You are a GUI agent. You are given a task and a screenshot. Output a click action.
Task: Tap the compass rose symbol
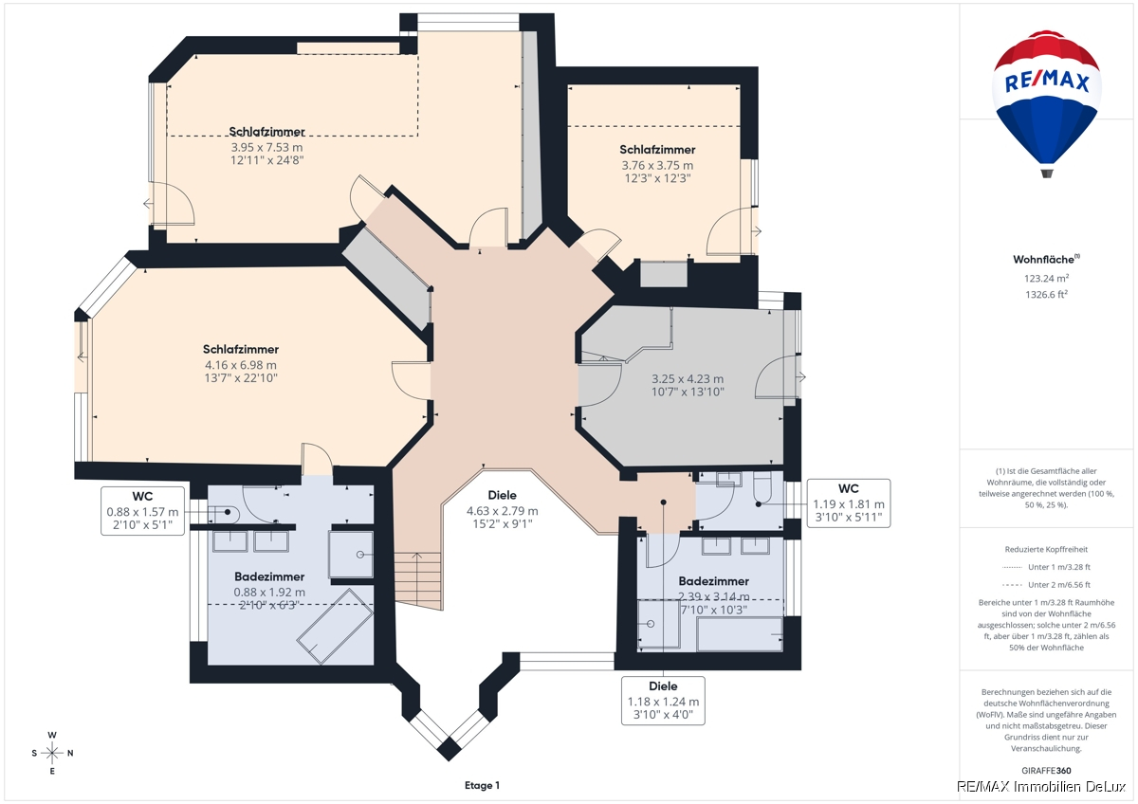coord(52,753)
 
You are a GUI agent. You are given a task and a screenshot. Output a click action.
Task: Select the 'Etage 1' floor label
coord(482,785)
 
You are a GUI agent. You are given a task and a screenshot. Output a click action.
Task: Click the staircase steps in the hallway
coord(418,580)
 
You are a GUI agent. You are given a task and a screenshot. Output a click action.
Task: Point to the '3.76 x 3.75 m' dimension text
coord(657,166)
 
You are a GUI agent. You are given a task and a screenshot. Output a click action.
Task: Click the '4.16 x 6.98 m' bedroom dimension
coord(241,365)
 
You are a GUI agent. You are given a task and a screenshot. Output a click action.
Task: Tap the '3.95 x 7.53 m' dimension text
coord(266,148)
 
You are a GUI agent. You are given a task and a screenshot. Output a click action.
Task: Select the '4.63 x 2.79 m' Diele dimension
coord(503,511)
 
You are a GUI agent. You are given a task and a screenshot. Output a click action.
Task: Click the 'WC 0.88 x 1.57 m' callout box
coord(143,511)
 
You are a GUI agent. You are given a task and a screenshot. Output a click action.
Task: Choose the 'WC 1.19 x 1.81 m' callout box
coord(849,503)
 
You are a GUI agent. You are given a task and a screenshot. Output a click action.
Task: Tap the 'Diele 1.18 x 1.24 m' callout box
coord(663,701)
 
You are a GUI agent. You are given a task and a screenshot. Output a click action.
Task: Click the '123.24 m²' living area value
coord(1047,279)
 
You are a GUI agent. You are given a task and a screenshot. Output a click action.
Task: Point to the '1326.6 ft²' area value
coord(1047,295)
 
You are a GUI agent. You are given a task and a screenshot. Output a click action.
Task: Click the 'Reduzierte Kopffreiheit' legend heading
coord(1047,549)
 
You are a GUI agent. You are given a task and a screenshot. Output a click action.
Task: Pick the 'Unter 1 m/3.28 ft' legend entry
coord(1059,567)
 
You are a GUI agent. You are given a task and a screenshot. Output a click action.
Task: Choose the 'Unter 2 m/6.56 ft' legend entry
coord(1059,585)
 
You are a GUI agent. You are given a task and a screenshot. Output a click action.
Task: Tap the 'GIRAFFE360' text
coord(1047,771)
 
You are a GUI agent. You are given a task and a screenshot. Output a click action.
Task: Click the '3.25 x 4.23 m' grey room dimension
coord(688,379)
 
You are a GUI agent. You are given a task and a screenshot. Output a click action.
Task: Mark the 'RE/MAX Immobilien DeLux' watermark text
coord(1041,787)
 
